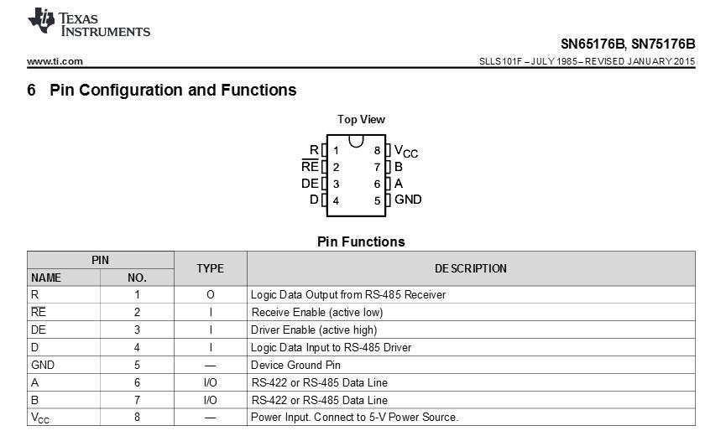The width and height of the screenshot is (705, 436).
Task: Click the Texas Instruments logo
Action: (89, 23)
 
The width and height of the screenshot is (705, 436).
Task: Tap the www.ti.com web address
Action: (55, 61)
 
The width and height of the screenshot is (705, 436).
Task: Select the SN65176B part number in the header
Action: (593, 44)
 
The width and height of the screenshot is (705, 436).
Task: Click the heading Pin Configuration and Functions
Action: (173, 90)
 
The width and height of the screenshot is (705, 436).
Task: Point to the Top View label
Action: (361, 119)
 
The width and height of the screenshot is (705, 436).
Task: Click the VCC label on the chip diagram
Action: (406, 151)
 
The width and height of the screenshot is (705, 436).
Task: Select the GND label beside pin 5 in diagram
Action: (408, 200)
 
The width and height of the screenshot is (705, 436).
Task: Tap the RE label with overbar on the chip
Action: (310, 166)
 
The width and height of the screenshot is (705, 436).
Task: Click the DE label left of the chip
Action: (310, 183)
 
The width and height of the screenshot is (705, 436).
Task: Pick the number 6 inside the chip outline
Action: (377, 184)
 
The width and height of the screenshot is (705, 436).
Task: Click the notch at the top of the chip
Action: (356, 141)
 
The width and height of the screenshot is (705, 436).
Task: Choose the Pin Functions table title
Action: (361, 241)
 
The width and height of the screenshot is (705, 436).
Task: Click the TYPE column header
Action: (210, 268)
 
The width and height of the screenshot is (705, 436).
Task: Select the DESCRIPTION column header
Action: (470, 268)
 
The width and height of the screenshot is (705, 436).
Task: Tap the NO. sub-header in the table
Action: (137, 278)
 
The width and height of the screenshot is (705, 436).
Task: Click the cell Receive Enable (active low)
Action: (317, 312)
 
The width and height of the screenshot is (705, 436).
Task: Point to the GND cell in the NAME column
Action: (43, 365)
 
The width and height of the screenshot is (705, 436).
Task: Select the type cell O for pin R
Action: (210, 295)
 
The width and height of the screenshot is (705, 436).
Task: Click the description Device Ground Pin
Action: (295, 365)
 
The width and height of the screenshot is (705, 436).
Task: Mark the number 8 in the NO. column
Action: (137, 418)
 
